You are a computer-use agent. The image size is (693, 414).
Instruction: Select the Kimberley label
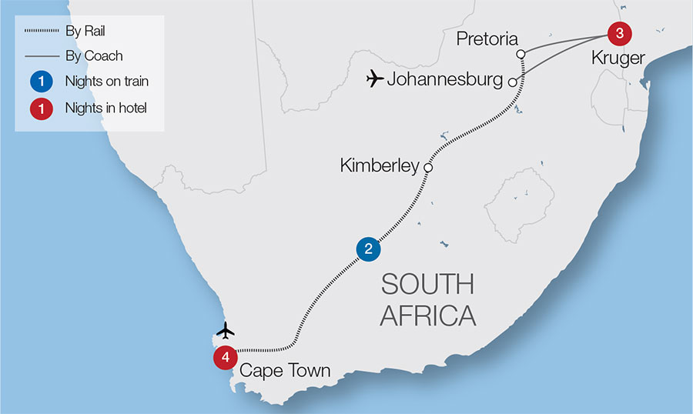[379, 165]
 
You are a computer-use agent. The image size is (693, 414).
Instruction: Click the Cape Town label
[285, 371]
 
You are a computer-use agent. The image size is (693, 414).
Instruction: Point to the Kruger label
[618, 57]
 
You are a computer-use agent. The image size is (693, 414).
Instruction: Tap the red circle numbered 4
[225, 357]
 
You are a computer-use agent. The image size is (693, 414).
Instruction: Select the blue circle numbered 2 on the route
[368, 249]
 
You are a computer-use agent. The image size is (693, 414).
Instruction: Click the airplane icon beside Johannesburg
[375, 78]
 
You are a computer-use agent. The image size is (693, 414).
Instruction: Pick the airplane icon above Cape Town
[225, 330]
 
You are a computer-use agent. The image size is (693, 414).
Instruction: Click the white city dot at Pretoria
[521, 54]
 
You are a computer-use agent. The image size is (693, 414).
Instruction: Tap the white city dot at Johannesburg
[512, 79]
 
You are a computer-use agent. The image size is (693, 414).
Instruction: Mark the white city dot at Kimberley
[428, 167]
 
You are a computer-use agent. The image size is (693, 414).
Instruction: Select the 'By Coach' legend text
[93, 56]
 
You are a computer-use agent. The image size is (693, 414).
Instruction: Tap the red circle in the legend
[42, 108]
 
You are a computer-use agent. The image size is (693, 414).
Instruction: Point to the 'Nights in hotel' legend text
[105, 108]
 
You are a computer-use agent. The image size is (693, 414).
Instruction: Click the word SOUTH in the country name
[427, 284]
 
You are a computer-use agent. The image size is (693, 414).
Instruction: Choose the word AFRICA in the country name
[427, 316]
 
